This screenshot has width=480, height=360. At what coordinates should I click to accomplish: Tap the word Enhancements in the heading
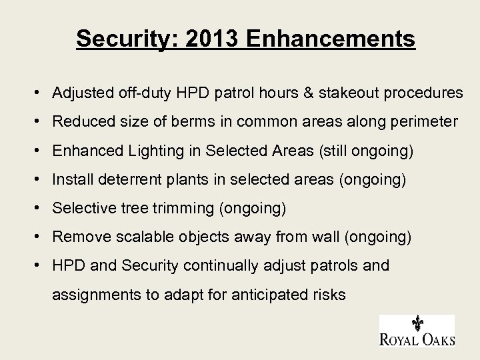(331, 38)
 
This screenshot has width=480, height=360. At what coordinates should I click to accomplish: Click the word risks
(329, 294)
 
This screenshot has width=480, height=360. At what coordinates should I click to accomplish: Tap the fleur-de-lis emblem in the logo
(417, 324)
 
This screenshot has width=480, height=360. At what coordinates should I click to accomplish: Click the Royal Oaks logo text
(417, 339)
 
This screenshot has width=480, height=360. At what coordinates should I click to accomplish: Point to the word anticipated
(265, 294)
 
